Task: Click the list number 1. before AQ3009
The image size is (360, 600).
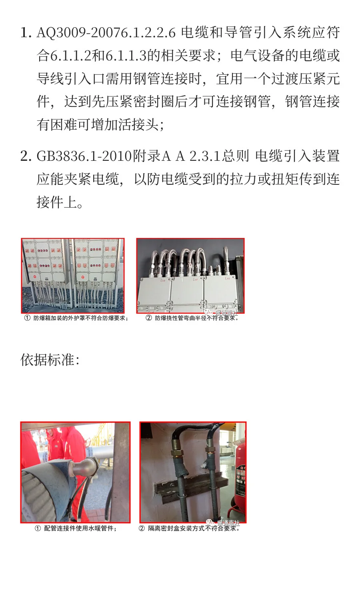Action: (26, 33)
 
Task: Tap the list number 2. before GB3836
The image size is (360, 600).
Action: (26, 156)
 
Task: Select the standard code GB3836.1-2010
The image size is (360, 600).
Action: (84, 156)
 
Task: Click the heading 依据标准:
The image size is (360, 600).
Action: (50, 360)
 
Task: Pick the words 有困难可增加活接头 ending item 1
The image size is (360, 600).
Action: (100, 125)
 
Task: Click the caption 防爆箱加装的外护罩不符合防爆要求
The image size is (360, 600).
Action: (80, 318)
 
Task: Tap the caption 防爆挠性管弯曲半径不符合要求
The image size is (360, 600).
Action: (196, 318)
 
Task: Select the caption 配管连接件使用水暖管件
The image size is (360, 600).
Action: (80, 528)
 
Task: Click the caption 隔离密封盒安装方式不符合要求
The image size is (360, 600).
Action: (194, 528)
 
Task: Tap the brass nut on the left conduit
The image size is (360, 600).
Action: (178, 454)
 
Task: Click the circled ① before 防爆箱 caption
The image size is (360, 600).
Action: (27, 318)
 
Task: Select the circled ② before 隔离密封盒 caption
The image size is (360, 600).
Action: (142, 528)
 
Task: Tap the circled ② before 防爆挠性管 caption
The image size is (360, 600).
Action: (149, 318)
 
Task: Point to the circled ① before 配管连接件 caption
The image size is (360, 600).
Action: (38, 528)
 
